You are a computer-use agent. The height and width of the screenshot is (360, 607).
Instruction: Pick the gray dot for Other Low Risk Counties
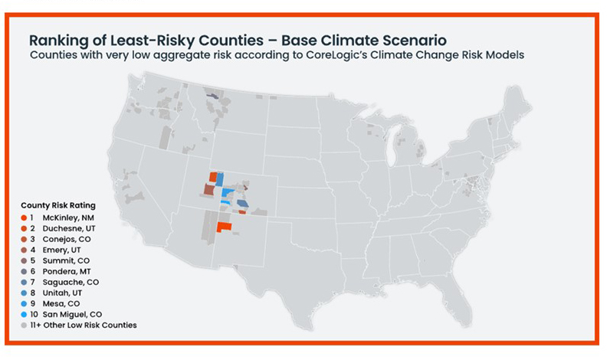pyautogui.click(x=24, y=325)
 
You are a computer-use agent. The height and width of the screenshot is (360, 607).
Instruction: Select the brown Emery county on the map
pyautogui.click(x=208, y=188)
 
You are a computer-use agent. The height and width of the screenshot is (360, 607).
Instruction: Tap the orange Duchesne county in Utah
pyautogui.click(x=213, y=176)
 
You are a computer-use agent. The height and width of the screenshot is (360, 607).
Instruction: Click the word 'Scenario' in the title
pyautogui.click(x=414, y=39)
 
